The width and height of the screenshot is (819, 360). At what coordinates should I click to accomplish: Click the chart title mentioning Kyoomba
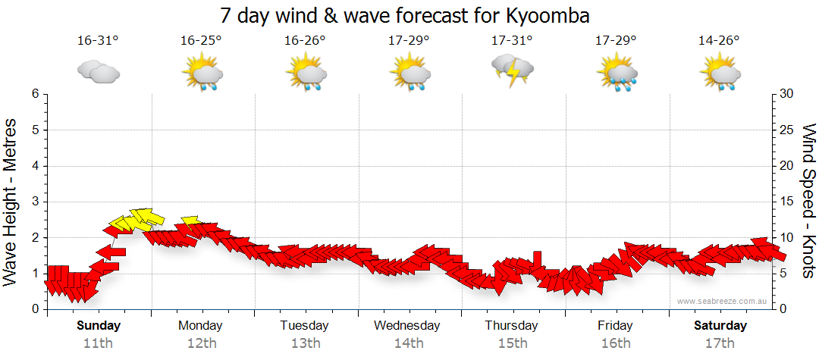click(x=405, y=15)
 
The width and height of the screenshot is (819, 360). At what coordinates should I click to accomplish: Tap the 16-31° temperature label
click(x=98, y=41)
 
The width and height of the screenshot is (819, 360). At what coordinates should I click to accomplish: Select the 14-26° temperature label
click(x=719, y=41)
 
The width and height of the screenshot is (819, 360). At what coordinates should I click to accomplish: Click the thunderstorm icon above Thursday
click(x=513, y=70)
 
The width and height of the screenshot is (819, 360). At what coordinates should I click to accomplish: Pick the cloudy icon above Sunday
click(x=98, y=72)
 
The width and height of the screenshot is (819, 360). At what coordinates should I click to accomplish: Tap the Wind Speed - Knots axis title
click(x=808, y=202)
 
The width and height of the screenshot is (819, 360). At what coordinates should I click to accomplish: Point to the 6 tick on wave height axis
click(x=34, y=94)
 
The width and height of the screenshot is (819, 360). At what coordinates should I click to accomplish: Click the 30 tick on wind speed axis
click(x=788, y=94)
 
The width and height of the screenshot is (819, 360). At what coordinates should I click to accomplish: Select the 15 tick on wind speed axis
click(x=788, y=202)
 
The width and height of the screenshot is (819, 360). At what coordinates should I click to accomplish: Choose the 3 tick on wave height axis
click(x=34, y=202)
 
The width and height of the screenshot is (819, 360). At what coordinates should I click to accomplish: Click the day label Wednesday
click(x=407, y=326)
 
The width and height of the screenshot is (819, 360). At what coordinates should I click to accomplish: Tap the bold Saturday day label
click(x=720, y=326)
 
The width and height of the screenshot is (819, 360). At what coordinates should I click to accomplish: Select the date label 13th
click(x=305, y=343)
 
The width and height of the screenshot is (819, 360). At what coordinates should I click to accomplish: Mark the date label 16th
click(x=615, y=343)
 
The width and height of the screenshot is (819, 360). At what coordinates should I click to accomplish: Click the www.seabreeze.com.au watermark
click(x=723, y=302)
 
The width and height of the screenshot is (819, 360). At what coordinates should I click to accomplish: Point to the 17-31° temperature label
click(x=512, y=41)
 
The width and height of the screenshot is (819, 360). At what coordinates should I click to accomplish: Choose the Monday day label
click(x=200, y=326)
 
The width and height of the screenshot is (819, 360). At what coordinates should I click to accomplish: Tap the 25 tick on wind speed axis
click(x=788, y=130)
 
